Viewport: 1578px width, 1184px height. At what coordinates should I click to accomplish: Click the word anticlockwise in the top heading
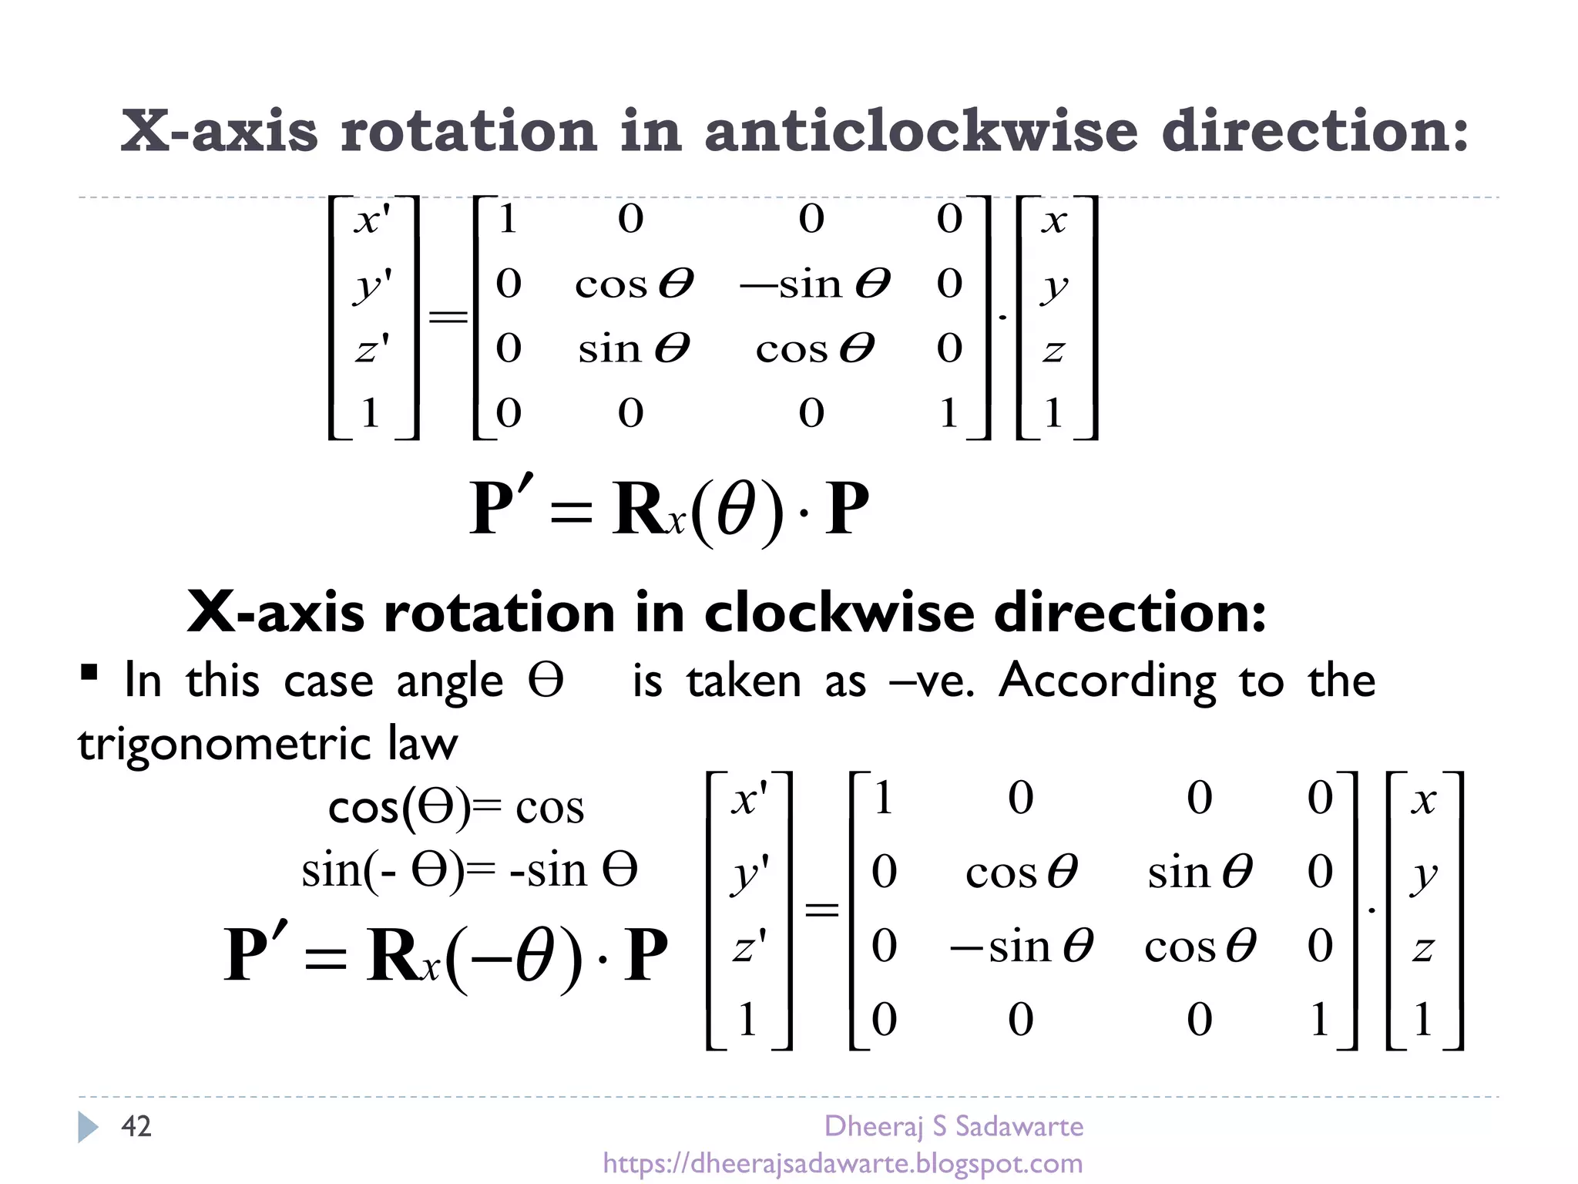[920, 131]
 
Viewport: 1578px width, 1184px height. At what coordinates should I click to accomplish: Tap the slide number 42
[136, 1126]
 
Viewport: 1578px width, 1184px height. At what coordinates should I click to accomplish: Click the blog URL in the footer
[842, 1163]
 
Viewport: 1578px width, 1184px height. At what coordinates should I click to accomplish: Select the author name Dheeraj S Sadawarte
[953, 1126]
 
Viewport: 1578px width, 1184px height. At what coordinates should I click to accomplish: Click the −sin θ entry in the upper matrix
[814, 284]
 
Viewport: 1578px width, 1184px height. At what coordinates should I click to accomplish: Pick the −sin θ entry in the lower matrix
[1020, 946]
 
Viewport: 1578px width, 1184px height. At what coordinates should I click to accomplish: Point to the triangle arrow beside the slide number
[88, 1127]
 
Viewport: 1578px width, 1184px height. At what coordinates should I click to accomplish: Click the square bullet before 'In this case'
[89, 673]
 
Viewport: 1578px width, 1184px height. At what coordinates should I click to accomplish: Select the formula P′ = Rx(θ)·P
[669, 510]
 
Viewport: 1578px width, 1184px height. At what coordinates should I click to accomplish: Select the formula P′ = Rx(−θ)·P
[445, 956]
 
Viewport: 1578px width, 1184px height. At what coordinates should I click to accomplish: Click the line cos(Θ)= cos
[456, 808]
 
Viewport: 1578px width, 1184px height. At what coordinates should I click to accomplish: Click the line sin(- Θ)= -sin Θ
[469, 871]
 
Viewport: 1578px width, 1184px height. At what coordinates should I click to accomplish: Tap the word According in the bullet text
[1107, 681]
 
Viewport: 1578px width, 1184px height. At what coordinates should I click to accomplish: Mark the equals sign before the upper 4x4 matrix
[448, 317]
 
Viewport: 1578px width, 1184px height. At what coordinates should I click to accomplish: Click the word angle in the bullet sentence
[449, 681]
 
